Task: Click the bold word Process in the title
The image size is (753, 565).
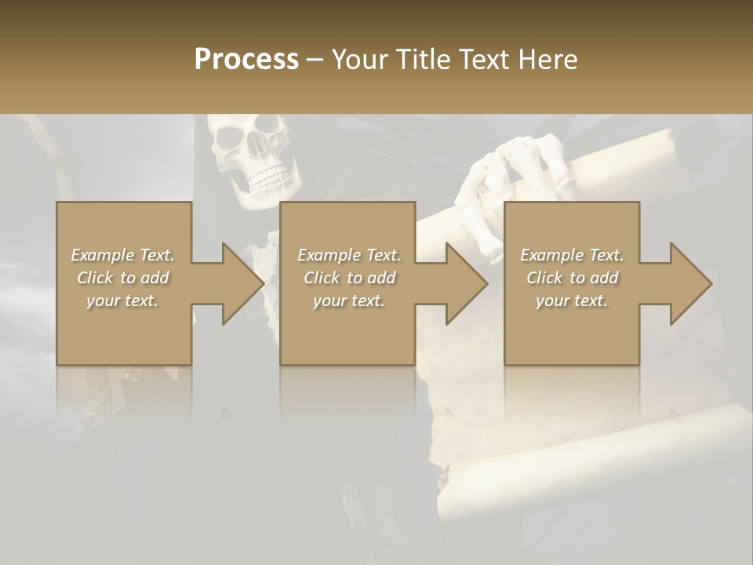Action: [246, 60]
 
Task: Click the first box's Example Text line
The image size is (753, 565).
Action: [123, 255]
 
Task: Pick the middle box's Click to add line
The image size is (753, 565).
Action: [350, 278]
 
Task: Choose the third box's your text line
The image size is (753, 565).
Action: [572, 301]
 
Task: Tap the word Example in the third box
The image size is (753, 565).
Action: [551, 255]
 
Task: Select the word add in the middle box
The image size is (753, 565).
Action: [382, 278]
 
